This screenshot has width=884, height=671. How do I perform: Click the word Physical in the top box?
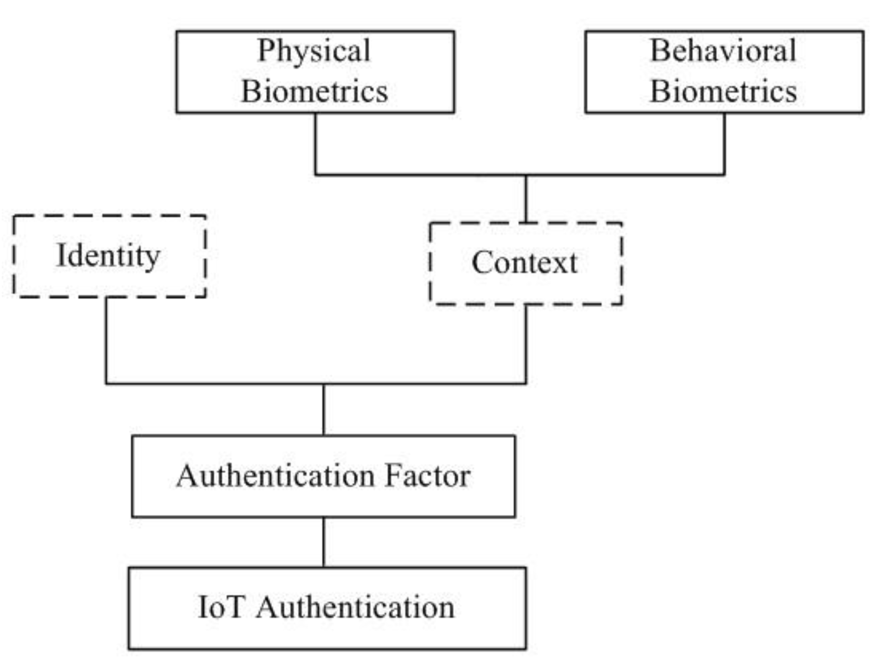point(314,51)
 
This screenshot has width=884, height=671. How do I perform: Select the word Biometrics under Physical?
point(314,92)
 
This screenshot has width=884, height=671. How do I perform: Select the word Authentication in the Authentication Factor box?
point(276,476)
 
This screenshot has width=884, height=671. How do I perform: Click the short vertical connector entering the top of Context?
point(526,199)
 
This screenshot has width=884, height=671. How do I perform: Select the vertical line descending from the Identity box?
point(107,340)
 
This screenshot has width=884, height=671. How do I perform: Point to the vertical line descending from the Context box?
point(526,344)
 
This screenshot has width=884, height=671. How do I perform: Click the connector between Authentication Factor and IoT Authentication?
point(324,542)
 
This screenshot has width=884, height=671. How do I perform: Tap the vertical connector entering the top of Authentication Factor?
point(324,410)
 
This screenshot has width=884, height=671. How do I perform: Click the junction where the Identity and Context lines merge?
point(324,384)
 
